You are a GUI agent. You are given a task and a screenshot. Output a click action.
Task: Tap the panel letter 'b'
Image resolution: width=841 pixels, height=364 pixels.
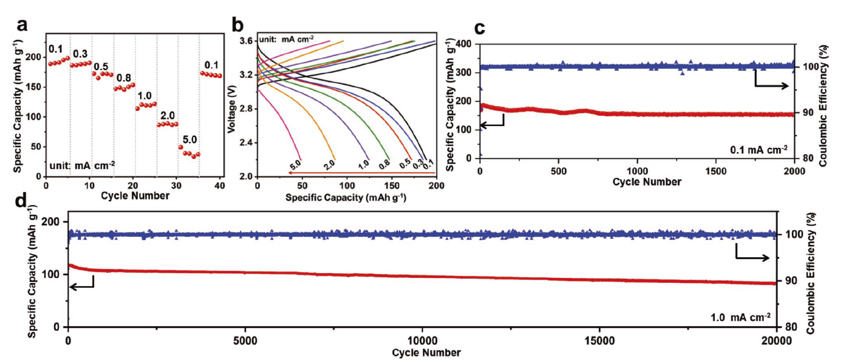[x=237, y=25]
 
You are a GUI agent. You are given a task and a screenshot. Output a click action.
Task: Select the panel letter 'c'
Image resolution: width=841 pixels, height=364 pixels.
[x=479, y=28]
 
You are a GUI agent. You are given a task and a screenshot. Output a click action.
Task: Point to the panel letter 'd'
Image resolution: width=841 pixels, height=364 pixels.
[x=21, y=201]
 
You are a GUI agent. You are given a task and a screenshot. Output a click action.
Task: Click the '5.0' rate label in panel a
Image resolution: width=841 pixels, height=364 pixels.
[x=190, y=140]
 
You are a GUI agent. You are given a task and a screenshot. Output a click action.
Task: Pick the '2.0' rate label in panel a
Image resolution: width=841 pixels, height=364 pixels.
[x=168, y=116]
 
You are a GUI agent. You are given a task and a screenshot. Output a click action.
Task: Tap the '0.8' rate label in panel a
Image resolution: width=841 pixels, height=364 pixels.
[x=124, y=78]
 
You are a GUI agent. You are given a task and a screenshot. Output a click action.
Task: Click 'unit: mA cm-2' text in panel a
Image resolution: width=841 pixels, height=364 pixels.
[x=82, y=166]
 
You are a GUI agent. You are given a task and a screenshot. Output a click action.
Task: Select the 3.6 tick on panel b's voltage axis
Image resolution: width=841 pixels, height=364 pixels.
[x=246, y=41]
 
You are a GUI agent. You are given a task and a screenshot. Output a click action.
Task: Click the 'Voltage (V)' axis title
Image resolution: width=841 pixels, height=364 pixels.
[x=232, y=109]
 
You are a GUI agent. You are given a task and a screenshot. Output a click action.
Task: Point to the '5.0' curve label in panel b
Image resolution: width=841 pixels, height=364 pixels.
[x=295, y=165]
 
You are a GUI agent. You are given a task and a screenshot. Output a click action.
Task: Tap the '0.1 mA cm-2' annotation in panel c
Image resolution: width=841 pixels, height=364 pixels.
[x=759, y=150]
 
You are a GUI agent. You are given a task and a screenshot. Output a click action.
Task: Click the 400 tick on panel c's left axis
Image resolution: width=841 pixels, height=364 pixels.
[x=464, y=44]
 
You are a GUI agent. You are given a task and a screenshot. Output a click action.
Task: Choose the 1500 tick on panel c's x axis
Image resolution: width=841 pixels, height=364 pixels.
[x=716, y=171]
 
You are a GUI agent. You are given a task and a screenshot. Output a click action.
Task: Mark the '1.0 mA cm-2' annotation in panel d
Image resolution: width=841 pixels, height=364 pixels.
[x=740, y=317]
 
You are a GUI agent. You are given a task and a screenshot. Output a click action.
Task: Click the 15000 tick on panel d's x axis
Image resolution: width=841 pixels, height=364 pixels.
[x=599, y=340]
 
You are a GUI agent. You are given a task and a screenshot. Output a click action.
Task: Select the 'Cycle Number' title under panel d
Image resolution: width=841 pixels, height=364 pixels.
[x=426, y=353]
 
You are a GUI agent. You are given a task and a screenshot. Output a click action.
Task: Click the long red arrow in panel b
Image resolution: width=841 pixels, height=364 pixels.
[x=362, y=173]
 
